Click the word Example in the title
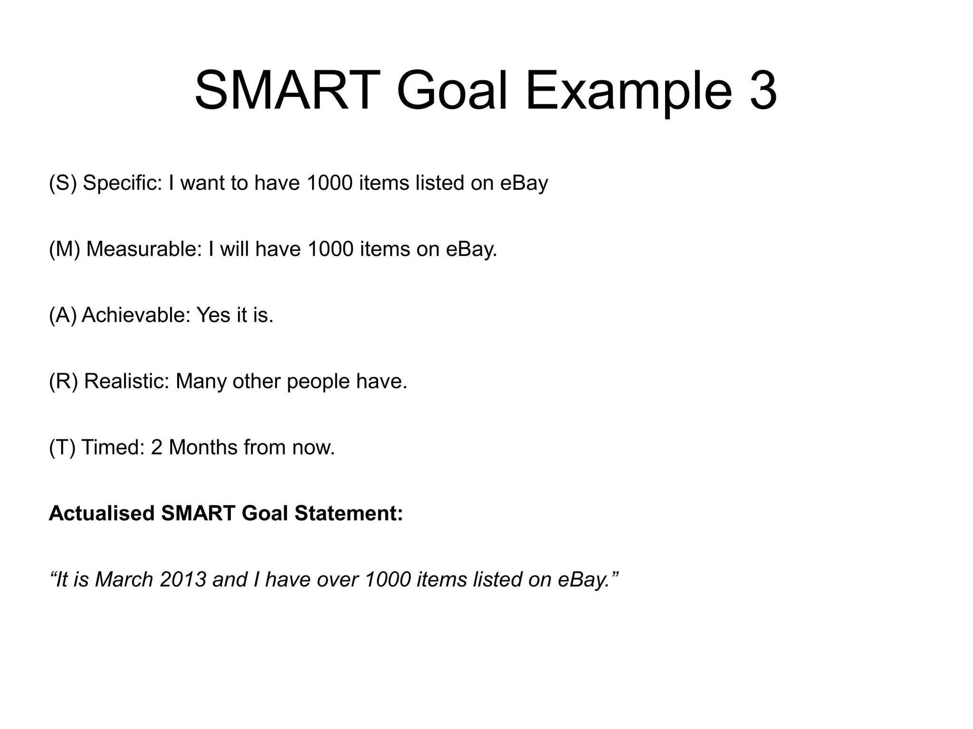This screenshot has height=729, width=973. pyautogui.click(x=630, y=90)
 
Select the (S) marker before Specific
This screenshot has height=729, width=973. pyautogui.click(x=63, y=183)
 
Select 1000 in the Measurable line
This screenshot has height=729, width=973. pyautogui.click(x=331, y=249)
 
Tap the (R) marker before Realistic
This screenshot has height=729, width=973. pyautogui.click(x=64, y=381)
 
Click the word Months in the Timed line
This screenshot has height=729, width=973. pyautogui.click(x=203, y=447)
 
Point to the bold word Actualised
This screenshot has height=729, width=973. pyautogui.click(x=102, y=513)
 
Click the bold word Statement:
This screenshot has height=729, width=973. pyautogui.click(x=349, y=513)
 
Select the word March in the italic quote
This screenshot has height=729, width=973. pyautogui.click(x=124, y=580)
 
